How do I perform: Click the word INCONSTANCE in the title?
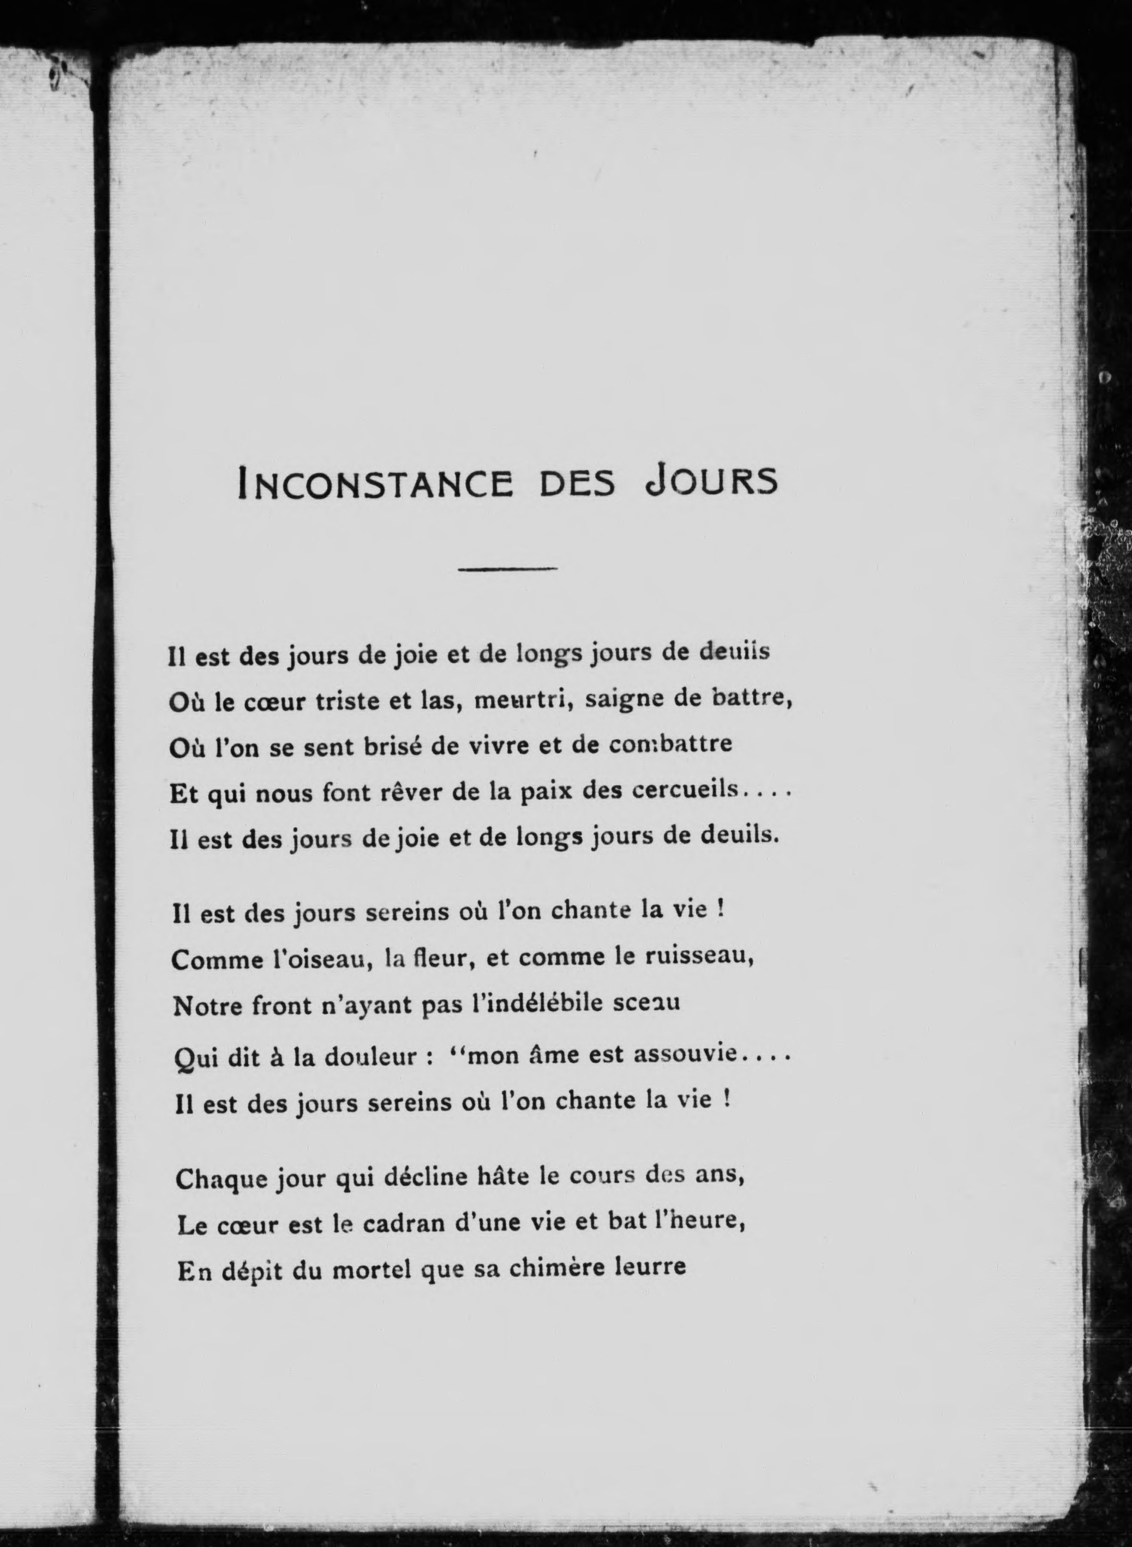point(374,482)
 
